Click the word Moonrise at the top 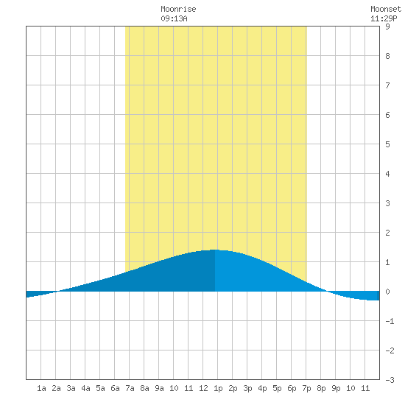click(x=178, y=10)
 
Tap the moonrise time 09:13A click(x=174, y=18)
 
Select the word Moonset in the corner click(x=386, y=10)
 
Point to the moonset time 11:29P click(x=384, y=18)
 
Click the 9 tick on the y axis click(x=387, y=27)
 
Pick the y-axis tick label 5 click(x=387, y=144)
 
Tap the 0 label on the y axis click(x=387, y=292)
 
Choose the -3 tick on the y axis click(x=390, y=380)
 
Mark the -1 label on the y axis click(x=390, y=321)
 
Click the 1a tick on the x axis click(x=41, y=388)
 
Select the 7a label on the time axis click(x=130, y=388)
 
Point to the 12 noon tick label click(x=203, y=388)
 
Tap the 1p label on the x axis click(x=218, y=388)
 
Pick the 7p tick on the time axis click(x=306, y=388)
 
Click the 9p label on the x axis click(x=336, y=388)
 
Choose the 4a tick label click(x=85, y=388)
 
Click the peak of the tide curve click(x=215, y=250)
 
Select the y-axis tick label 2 click(x=387, y=233)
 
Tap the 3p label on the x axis click(x=247, y=388)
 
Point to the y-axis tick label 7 click(x=387, y=85)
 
